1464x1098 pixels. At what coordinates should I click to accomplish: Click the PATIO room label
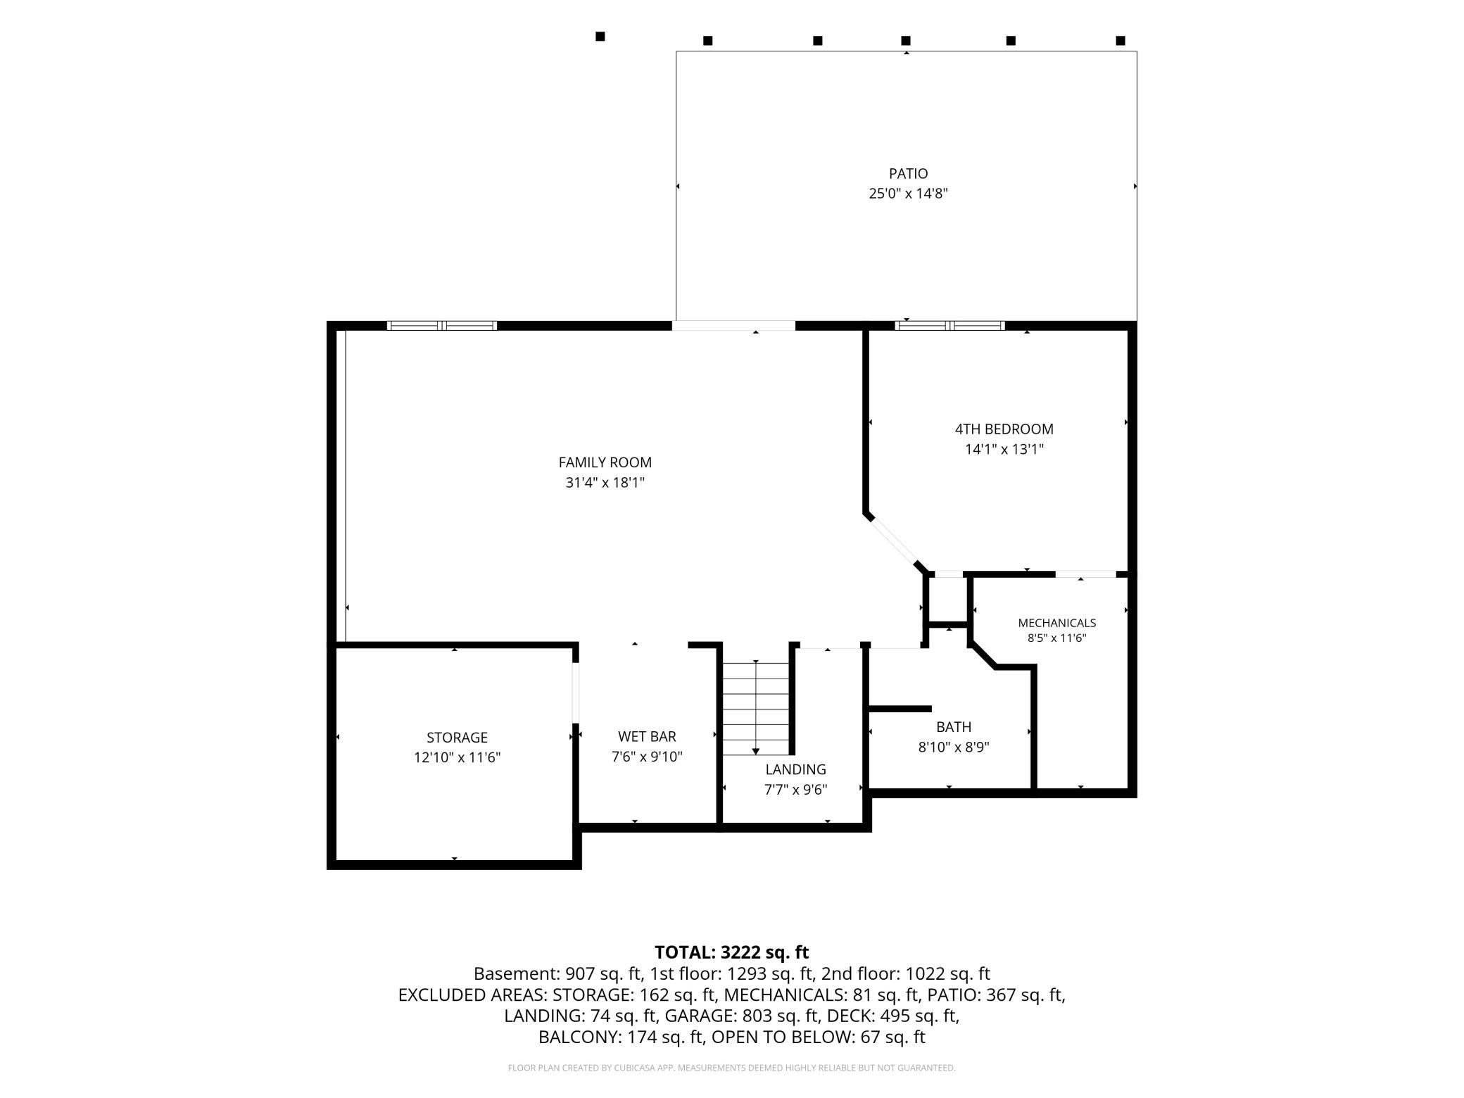[x=908, y=173]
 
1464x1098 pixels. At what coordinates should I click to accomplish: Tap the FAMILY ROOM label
[x=605, y=462]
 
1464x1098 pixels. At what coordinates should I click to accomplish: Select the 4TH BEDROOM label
[x=1004, y=429]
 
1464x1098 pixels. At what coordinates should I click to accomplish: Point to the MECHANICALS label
[x=1056, y=623]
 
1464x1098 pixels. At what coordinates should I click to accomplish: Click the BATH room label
[x=954, y=726]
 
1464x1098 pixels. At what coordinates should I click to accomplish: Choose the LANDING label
[x=795, y=769]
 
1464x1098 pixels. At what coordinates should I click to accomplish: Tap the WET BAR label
[x=647, y=736]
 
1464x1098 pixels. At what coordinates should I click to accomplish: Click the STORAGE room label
[x=457, y=737]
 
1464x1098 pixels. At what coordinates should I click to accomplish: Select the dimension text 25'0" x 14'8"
[x=908, y=194]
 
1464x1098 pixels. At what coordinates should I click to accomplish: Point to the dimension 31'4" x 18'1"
[x=605, y=483]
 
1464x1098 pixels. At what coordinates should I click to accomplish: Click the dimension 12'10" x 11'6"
[x=457, y=757]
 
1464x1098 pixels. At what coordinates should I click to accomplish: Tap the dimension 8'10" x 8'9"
[x=954, y=747]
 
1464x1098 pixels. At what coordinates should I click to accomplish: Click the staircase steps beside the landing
[x=756, y=708]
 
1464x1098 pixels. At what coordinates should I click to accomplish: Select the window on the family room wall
[x=442, y=326]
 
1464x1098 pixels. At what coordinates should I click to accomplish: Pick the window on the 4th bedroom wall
[x=949, y=326]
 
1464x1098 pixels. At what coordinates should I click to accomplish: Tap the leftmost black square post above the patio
[x=600, y=37]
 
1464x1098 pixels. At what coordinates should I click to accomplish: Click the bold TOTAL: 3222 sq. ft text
[x=731, y=952]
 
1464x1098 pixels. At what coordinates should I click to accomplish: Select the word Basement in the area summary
[x=517, y=973]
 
